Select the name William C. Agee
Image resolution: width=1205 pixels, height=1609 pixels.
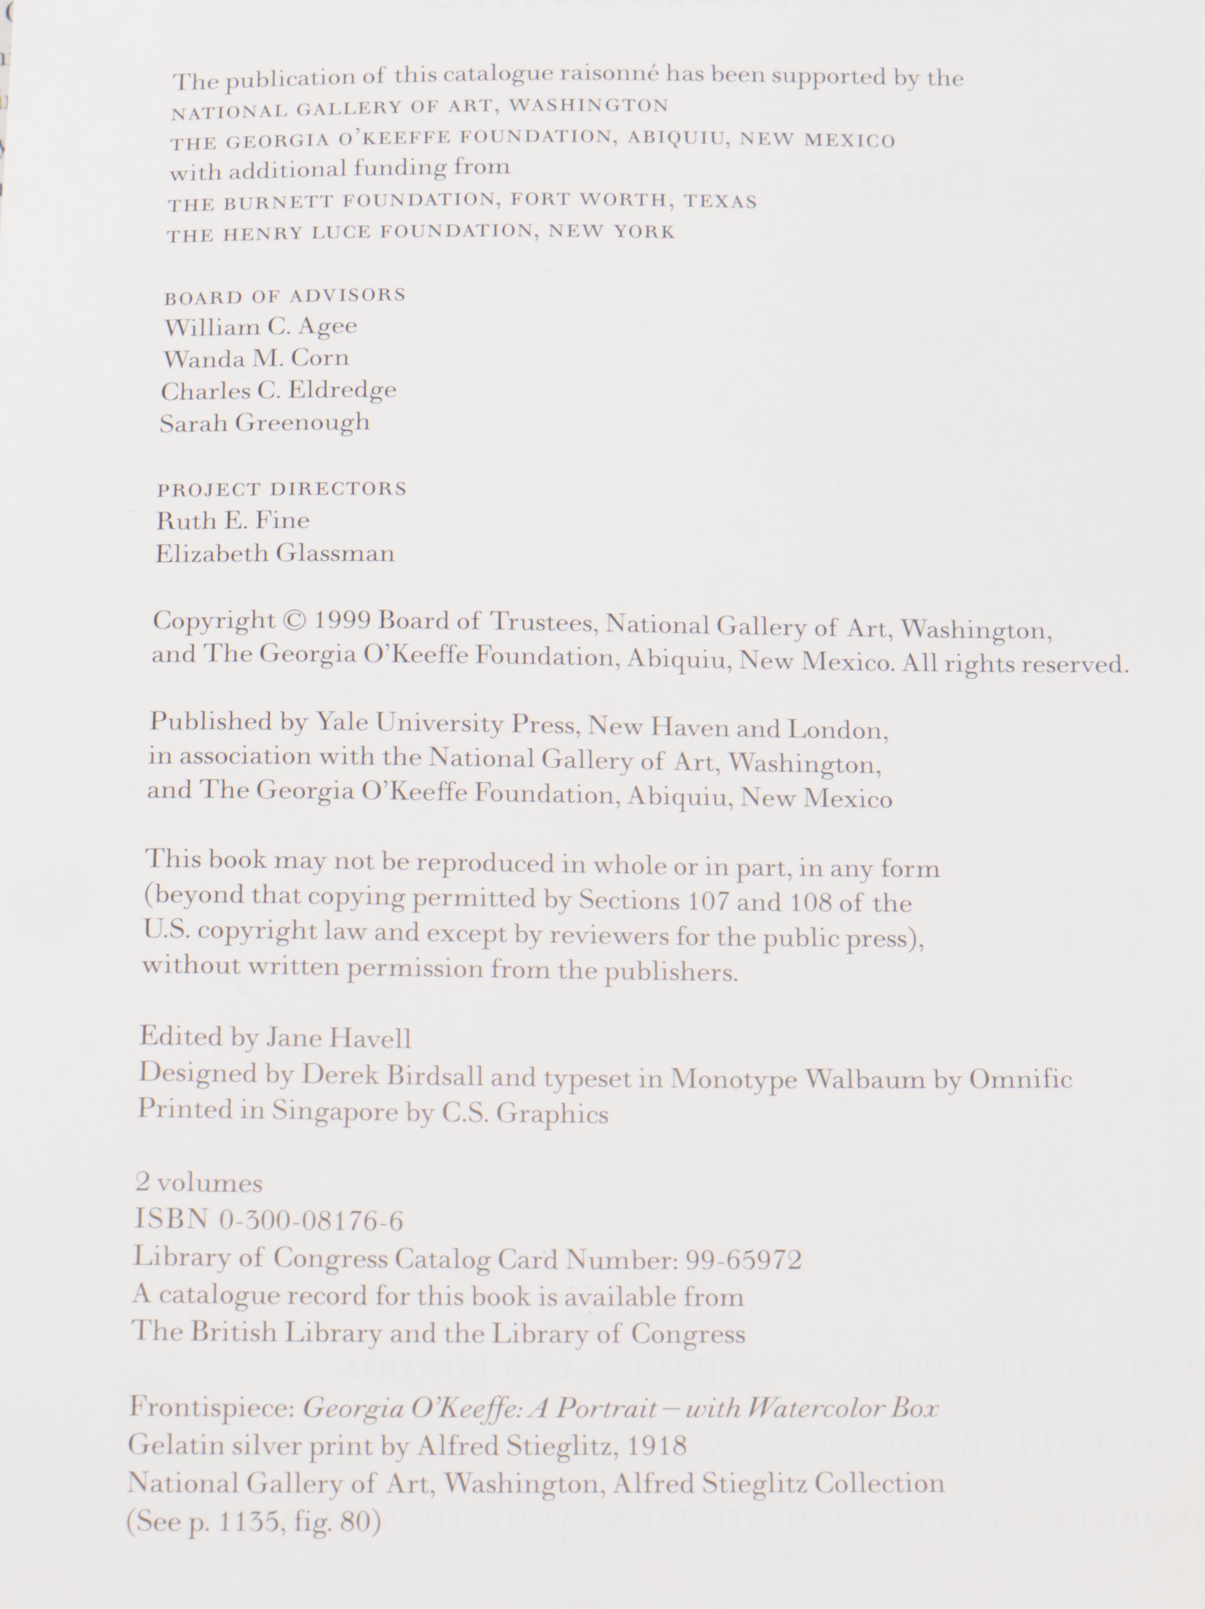point(260,327)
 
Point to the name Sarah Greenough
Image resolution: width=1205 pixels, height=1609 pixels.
point(265,423)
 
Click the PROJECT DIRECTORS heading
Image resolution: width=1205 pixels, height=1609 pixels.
point(282,489)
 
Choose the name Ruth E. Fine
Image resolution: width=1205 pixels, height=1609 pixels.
point(233,520)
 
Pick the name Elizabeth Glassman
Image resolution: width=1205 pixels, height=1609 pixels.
point(275,554)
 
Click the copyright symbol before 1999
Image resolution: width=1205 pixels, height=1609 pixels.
point(294,620)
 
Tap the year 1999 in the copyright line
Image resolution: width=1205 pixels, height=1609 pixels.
point(343,620)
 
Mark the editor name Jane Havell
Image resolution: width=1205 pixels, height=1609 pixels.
point(338,1037)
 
